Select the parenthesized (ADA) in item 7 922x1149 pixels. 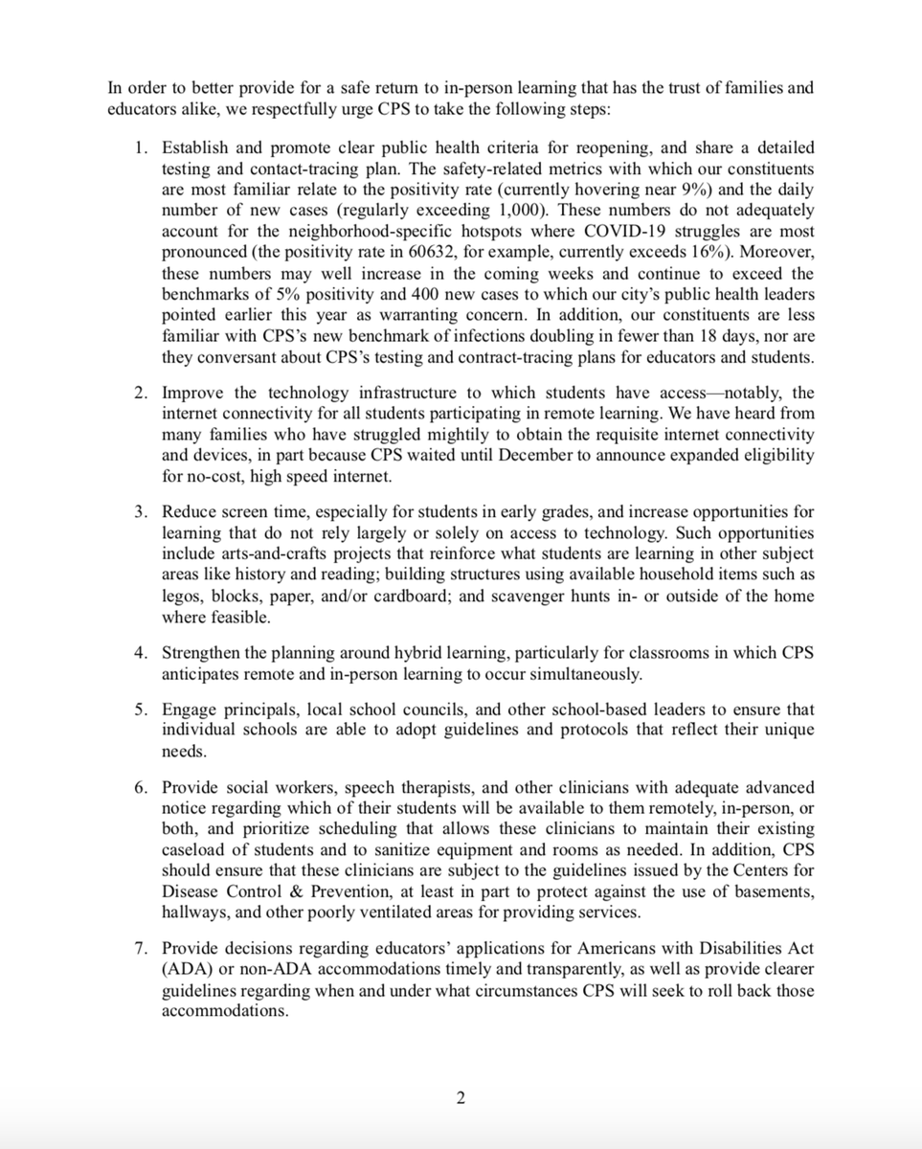[184, 969]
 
